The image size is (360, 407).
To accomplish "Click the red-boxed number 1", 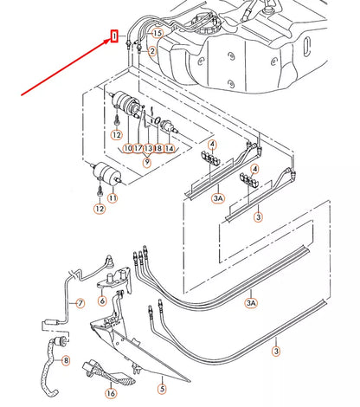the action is pyautogui.click(x=114, y=36).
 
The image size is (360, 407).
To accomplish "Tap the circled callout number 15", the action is pyautogui.click(x=157, y=34).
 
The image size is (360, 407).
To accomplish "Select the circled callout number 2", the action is pyautogui.click(x=152, y=52).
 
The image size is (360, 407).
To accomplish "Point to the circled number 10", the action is pyautogui.click(x=128, y=148).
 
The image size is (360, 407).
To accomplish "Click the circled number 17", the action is pyautogui.click(x=138, y=148).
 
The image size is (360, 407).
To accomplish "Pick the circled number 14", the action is pyautogui.click(x=170, y=148).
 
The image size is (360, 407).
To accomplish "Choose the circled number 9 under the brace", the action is pyautogui.click(x=147, y=162).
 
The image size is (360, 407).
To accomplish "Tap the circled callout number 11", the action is pyautogui.click(x=112, y=198).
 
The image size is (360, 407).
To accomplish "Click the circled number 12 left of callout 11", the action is pyautogui.click(x=100, y=209).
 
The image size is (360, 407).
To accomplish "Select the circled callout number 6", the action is pyautogui.click(x=102, y=300).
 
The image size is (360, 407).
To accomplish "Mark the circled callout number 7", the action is pyautogui.click(x=80, y=303).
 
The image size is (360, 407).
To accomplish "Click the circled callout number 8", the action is pyautogui.click(x=66, y=360).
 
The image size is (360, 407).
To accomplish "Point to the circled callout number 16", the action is pyautogui.click(x=111, y=393).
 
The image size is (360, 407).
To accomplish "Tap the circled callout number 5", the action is pyautogui.click(x=162, y=389).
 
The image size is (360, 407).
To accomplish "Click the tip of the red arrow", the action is pyautogui.click(x=111, y=40).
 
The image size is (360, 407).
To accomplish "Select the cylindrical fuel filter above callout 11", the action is pyautogui.click(x=106, y=171).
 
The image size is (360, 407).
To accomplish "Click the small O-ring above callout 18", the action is pyautogui.click(x=157, y=120).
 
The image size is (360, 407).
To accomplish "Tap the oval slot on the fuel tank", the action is pyautogui.click(x=307, y=46).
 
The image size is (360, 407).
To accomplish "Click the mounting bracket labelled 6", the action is pyautogui.click(x=114, y=281).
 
